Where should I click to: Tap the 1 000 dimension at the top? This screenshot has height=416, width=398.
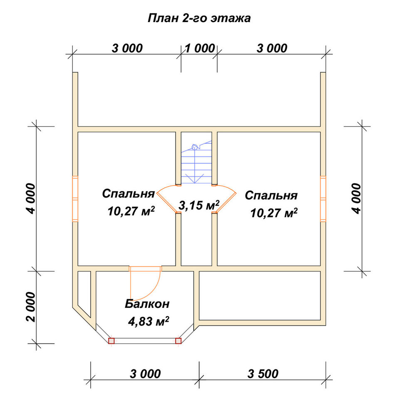pos(200,48)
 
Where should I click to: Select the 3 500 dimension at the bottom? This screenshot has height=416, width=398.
pos(263,374)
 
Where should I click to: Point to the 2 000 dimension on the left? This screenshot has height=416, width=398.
pos(31,307)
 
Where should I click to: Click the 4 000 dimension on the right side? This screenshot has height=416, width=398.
pos(357,198)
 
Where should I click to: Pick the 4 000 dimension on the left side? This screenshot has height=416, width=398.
pos(31,198)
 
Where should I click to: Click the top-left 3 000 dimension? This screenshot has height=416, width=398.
pos(127,48)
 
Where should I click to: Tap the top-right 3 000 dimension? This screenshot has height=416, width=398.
pos(272,48)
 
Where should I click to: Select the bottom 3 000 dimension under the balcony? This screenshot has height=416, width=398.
pos(145,374)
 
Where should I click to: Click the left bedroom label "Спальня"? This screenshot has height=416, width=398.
pos(129,194)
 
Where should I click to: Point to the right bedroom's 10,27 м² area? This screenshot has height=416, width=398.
pos(274,213)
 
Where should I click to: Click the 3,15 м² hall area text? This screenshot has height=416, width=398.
pos(199,205)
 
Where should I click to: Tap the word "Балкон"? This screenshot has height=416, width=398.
pos(147,304)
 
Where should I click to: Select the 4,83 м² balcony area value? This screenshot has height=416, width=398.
pos(148,321)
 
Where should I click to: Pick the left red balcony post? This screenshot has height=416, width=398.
pos(111,341)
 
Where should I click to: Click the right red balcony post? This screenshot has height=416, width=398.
pos(178,341)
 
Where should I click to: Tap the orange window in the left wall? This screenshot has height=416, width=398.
pos(75,199)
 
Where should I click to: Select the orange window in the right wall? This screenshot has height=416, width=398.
pos(323,199)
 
